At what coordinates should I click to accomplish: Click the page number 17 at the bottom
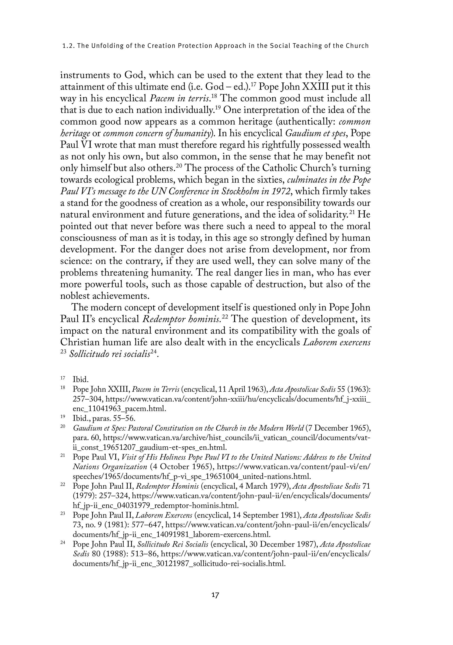tap(215, 595)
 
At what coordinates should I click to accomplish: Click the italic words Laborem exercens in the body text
tap(337, 343)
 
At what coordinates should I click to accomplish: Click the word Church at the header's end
tap(358, 46)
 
